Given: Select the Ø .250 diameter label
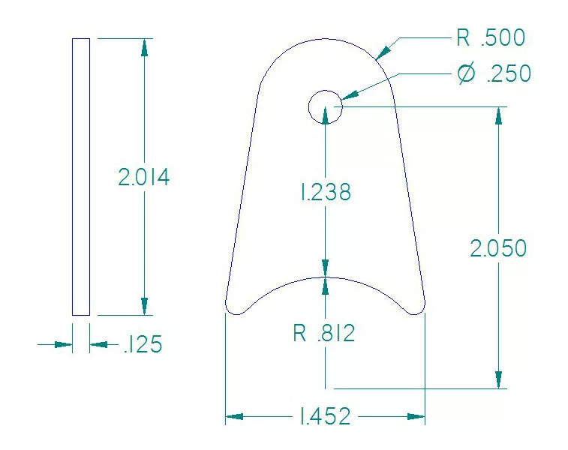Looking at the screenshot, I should [494, 74].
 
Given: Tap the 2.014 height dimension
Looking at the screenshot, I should [144, 178].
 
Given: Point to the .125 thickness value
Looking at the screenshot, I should [142, 345].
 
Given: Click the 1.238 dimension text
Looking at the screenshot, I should [325, 193].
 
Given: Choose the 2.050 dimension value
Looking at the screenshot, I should [498, 248].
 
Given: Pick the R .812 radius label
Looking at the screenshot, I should [323, 334].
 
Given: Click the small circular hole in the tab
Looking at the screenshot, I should [325, 107].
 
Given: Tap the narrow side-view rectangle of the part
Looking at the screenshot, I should [81, 177].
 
